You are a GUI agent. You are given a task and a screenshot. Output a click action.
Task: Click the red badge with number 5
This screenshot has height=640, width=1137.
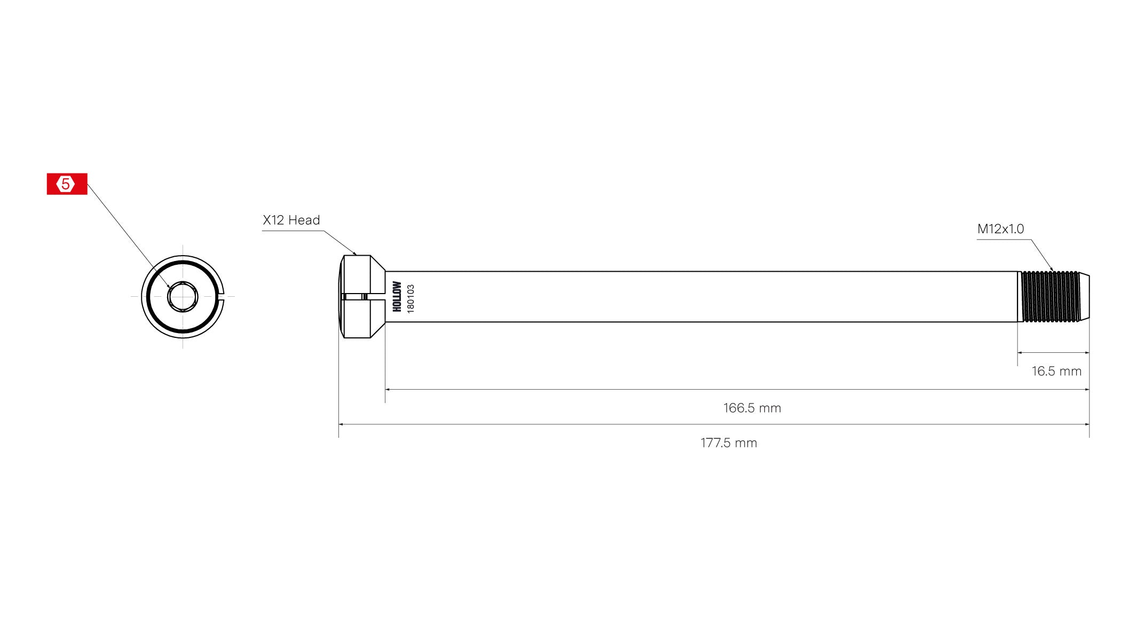[67, 184]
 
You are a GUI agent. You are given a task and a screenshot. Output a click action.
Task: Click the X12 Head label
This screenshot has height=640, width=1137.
[291, 220]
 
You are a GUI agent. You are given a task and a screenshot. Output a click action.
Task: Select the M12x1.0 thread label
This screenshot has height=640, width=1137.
[1000, 229]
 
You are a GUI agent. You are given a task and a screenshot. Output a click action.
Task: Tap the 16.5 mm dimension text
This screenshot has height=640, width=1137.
[1056, 371]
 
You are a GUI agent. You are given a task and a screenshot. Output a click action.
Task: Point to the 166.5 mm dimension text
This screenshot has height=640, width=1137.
[752, 408]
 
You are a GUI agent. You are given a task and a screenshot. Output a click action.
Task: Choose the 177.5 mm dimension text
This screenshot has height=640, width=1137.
[728, 443]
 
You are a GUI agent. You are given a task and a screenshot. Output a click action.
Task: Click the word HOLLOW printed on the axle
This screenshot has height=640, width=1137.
[397, 297]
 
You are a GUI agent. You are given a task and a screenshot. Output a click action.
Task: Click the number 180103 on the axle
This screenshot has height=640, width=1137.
[410, 298]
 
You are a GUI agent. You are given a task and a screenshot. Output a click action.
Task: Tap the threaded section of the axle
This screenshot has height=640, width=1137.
[1049, 297]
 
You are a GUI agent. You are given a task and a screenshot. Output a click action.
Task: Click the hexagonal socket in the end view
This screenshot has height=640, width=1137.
[183, 297]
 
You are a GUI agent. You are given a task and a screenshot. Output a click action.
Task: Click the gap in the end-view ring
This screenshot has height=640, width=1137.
[223, 297]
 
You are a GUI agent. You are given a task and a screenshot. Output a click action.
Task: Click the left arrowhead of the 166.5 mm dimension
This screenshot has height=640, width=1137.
[388, 390]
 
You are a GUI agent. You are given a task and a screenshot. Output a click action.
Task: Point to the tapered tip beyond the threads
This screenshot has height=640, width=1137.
[1084, 297]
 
